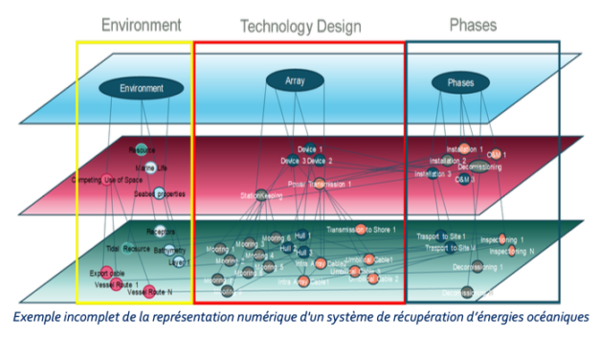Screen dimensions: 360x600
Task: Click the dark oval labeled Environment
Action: tap(142, 89)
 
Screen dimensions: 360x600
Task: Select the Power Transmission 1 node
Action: tap(320, 182)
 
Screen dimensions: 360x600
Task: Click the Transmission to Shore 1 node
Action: tap(360, 229)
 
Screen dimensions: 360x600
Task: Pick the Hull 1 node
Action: tap(302, 235)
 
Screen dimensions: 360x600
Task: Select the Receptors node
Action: tap(159, 231)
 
